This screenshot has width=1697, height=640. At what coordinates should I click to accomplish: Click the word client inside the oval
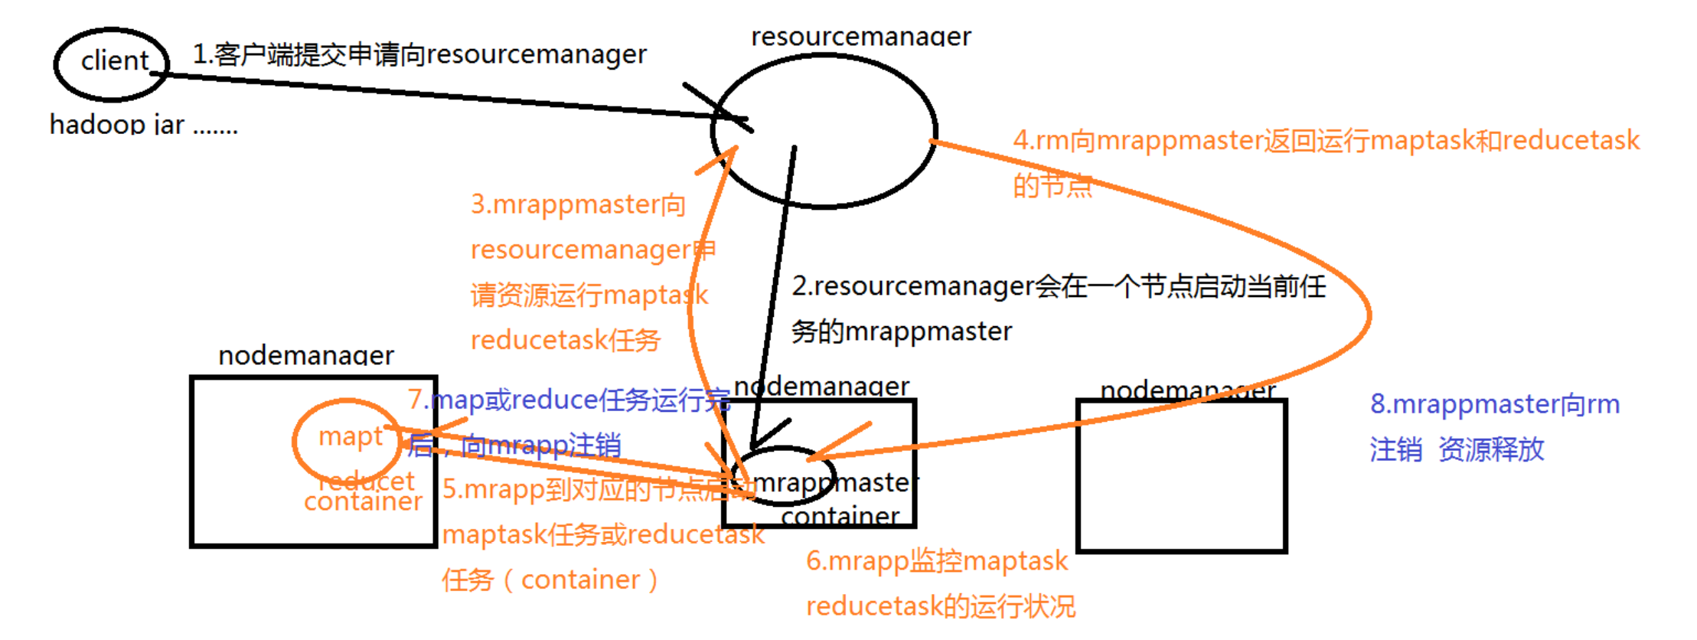[115, 60]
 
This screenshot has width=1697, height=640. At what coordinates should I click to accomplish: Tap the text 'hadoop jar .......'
[143, 124]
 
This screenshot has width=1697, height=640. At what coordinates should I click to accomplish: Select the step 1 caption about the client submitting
[419, 54]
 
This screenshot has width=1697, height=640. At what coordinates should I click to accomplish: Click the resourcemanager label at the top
[860, 36]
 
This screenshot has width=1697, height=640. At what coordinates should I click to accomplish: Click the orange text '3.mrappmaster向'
[577, 204]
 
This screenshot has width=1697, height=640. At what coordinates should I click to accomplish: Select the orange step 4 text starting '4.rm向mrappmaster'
[1325, 140]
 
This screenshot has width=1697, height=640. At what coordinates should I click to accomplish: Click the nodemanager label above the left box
[305, 355]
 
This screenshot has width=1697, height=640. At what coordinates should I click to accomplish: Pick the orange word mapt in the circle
[350, 436]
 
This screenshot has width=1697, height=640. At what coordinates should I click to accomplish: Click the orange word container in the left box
[363, 501]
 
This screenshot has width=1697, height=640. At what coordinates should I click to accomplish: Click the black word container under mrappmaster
[840, 516]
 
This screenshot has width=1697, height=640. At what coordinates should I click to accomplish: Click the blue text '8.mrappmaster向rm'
[1494, 404]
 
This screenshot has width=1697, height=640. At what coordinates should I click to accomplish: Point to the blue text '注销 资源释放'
[1457, 449]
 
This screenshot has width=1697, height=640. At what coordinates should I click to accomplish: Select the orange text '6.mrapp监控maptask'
[936, 561]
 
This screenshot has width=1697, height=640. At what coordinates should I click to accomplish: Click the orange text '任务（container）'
[550, 580]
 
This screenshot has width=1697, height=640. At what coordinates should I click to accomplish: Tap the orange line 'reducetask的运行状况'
[940, 606]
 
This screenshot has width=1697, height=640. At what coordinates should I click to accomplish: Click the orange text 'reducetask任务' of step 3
[565, 340]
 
